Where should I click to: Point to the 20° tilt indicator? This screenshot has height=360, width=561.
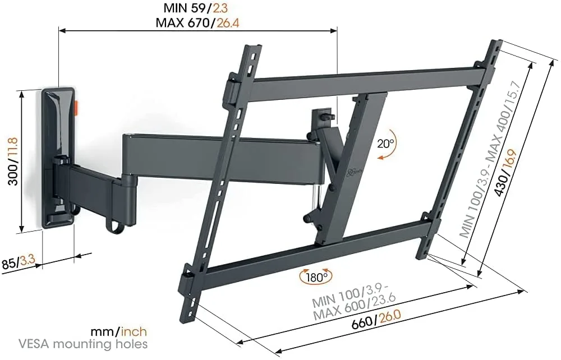pyautogui.click(x=386, y=142)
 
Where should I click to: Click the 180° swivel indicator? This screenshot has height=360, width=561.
pyautogui.click(x=316, y=276)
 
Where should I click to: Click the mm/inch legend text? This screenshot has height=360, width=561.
pyautogui.click(x=119, y=331)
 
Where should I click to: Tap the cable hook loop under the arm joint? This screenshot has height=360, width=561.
pyautogui.click(x=112, y=224)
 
